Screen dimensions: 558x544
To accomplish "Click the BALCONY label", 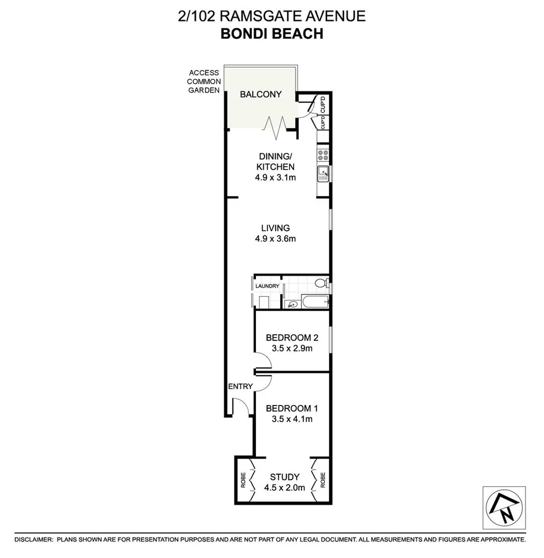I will [x=261, y=95].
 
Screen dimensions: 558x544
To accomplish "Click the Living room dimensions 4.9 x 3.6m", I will [x=275, y=239].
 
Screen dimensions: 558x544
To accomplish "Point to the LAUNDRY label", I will [x=267, y=286].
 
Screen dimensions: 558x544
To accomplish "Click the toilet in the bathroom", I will [x=321, y=284].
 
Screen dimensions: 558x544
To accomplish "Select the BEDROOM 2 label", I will [x=292, y=338].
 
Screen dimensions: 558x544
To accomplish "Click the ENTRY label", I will [x=240, y=386].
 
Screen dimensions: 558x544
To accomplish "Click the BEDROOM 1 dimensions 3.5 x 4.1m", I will [x=292, y=419].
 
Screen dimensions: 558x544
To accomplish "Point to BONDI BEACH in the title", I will [x=271, y=34].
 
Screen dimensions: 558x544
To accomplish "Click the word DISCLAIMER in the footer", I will [x=34, y=539].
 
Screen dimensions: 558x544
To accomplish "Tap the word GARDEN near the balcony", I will [x=203, y=90].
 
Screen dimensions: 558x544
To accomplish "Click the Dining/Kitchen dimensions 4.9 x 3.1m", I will [x=275, y=177].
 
